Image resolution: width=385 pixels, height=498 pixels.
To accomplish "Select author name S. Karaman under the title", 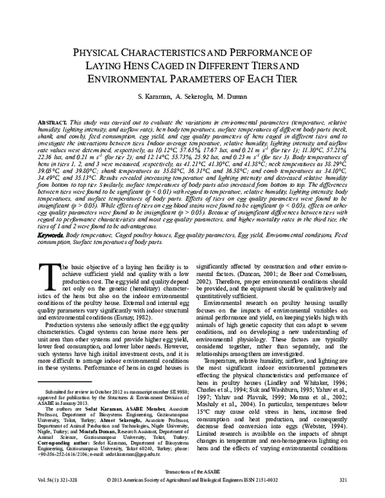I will point(151,96).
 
